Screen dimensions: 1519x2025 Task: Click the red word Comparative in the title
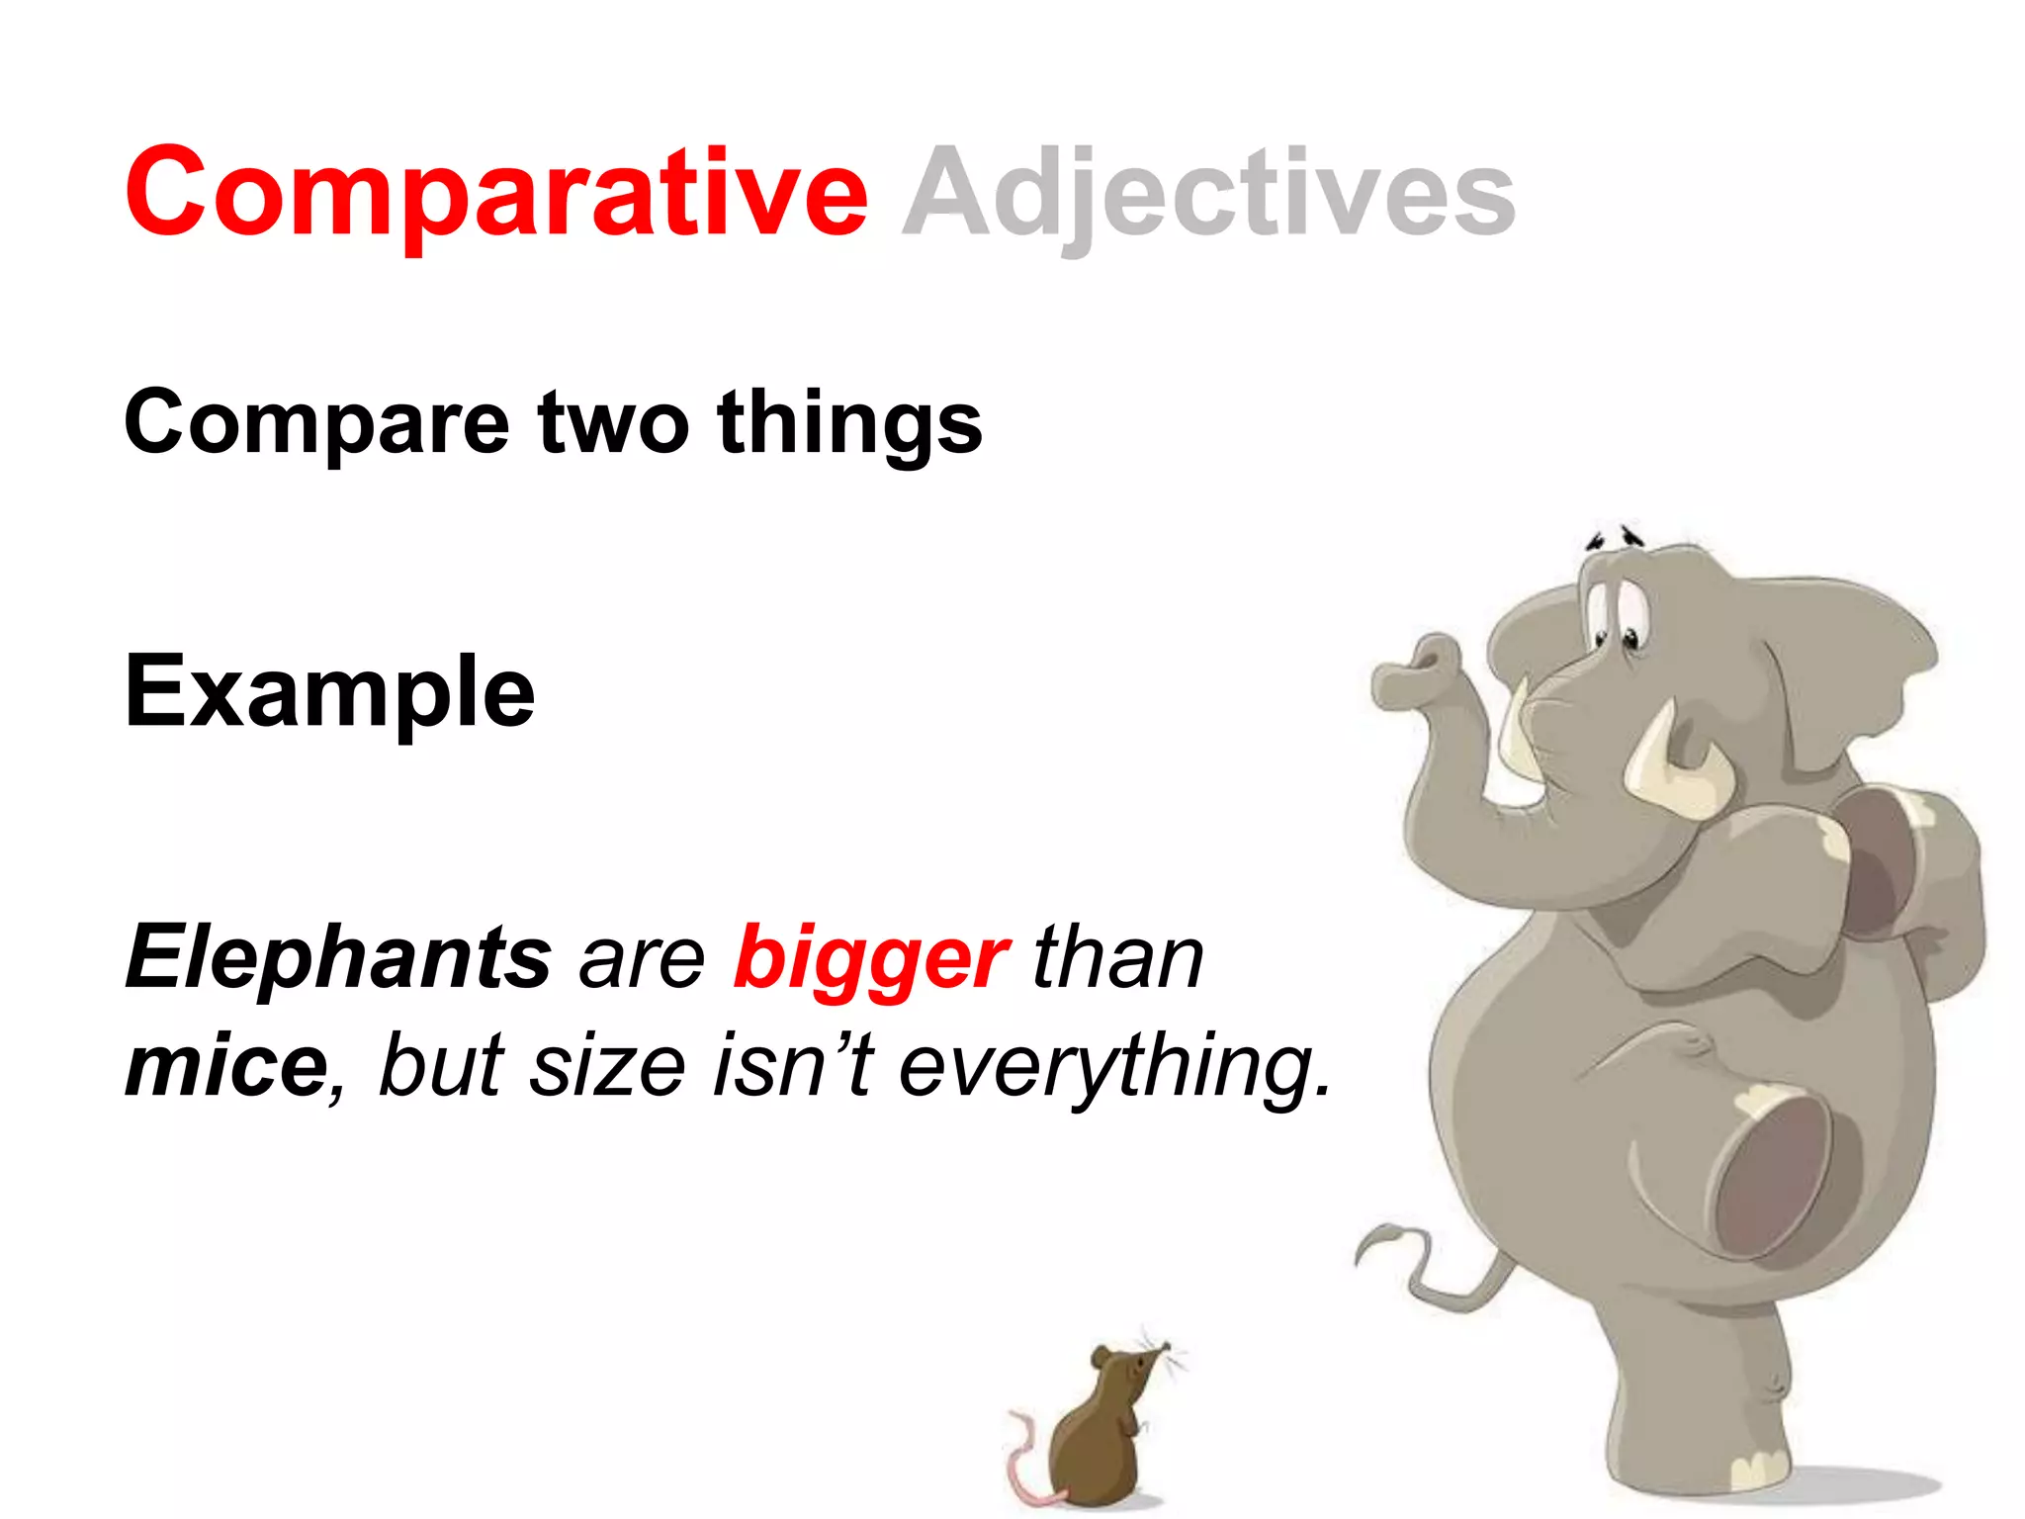(494, 193)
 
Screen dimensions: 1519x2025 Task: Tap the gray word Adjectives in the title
(1208, 193)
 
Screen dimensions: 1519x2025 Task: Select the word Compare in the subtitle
(316, 423)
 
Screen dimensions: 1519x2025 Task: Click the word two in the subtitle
(613, 423)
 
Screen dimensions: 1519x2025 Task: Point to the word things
(850, 423)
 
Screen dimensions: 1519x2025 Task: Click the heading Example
(329, 692)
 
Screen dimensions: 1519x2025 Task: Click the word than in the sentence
(1117, 956)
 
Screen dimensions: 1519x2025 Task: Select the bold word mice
(225, 1065)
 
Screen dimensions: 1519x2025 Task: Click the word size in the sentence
(607, 1065)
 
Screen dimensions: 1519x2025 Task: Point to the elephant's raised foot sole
(1770, 1177)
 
